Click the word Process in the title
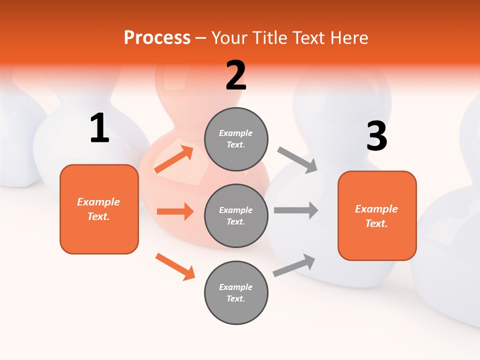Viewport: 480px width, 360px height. [x=157, y=38]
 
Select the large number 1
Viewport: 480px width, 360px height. [x=99, y=128]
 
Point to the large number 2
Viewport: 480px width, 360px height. [x=236, y=75]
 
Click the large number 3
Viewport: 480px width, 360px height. [x=376, y=136]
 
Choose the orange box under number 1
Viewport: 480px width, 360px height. [x=99, y=209]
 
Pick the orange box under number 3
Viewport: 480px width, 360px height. [x=377, y=215]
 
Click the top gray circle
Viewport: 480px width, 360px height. [x=236, y=139]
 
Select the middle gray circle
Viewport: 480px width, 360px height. [x=236, y=215]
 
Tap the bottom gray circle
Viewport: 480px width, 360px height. [x=236, y=292]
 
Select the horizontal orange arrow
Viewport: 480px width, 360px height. [x=175, y=211]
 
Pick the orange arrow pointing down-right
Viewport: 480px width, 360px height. [x=175, y=266]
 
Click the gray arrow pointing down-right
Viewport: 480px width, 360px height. [x=297, y=160]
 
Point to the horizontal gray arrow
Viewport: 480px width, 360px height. [x=295, y=210]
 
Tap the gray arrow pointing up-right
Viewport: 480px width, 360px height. [x=294, y=265]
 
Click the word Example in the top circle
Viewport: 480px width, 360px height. [x=236, y=133]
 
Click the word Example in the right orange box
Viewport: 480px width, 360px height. [x=376, y=209]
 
